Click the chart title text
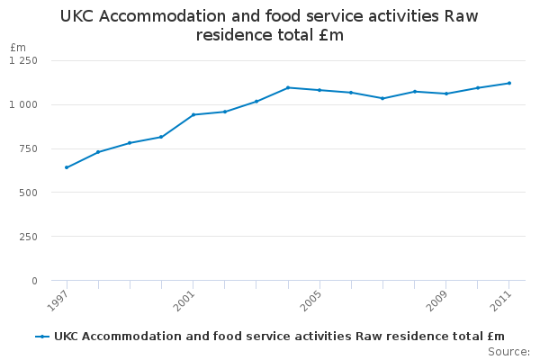(x=269, y=25)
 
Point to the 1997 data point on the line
(x=67, y=167)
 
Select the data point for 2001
(x=193, y=114)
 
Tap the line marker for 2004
(x=288, y=87)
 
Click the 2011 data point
(x=509, y=83)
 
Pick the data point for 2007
(x=382, y=98)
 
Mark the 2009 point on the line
(x=446, y=94)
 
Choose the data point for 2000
(x=161, y=137)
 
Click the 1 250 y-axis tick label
(x=23, y=60)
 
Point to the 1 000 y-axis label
(x=23, y=104)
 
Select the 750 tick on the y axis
(x=28, y=148)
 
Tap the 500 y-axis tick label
(x=28, y=193)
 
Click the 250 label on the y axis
(x=28, y=237)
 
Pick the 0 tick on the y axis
(x=34, y=281)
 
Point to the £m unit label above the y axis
(x=18, y=47)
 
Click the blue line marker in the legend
(x=41, y=337)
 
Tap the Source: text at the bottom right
(x=508, y=351)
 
